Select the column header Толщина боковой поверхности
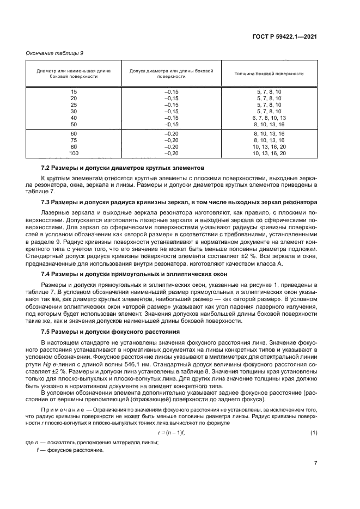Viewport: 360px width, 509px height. click(x=269, y=73)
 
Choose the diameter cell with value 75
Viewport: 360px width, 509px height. click(x=74, y=140)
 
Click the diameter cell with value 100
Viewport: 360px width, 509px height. click(x=74, y=154)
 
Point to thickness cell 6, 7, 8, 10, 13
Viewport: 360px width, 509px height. click(x=269, y=117)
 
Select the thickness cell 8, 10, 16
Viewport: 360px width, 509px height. click(x=269, y=140)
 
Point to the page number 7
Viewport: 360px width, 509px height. click(x=316, y=463)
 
